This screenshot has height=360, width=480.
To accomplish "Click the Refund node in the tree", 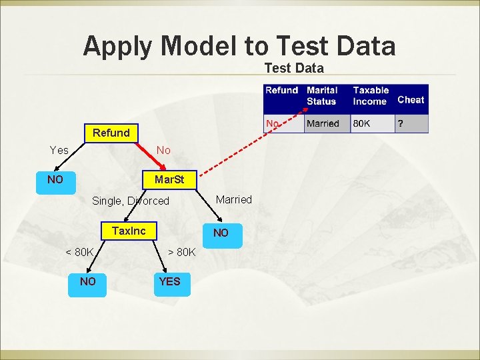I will point(111,133).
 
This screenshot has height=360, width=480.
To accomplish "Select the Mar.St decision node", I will point(169,180).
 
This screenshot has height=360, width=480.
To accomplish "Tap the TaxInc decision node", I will point(129,231).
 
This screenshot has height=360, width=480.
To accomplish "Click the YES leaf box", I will point(169,281).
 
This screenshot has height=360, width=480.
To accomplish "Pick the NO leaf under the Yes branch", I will point(55,180).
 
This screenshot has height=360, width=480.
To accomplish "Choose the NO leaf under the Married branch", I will point(221,233).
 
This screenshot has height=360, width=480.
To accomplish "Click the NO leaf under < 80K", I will point(88,281).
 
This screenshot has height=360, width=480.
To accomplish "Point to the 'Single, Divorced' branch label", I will point(131,201).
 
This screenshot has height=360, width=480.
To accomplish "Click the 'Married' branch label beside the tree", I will point(234,199).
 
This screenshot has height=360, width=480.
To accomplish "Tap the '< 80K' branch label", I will point(79,252).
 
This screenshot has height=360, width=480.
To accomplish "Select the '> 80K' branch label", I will point(181,252).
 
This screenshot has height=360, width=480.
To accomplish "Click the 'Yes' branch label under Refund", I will point(59,150).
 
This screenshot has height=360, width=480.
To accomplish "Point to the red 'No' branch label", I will point(163,150).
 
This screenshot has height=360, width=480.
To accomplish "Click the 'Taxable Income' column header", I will point(371,96).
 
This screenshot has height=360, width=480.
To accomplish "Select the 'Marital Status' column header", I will point(322,96).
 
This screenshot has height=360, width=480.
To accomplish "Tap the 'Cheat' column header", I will point(411,100).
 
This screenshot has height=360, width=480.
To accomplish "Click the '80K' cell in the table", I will point(362,124).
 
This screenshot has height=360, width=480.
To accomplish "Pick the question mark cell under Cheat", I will point(400,124).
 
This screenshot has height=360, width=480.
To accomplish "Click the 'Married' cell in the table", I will point(323,124).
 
